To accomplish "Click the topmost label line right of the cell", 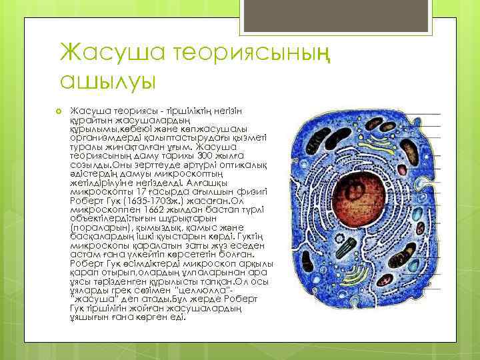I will tap(423, 114).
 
